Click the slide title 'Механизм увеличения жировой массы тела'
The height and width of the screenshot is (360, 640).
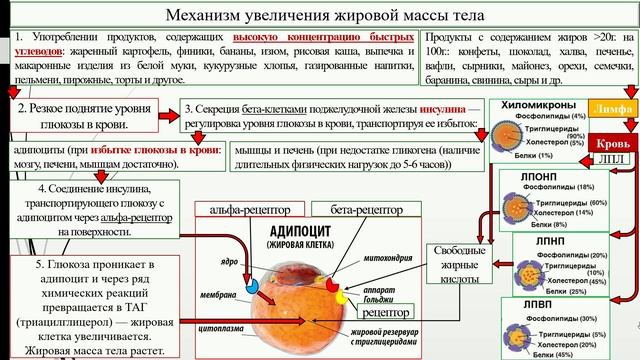click(319, 17)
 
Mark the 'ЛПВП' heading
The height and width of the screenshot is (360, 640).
click(526, 303)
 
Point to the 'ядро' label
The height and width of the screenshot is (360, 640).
click(228, 261)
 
